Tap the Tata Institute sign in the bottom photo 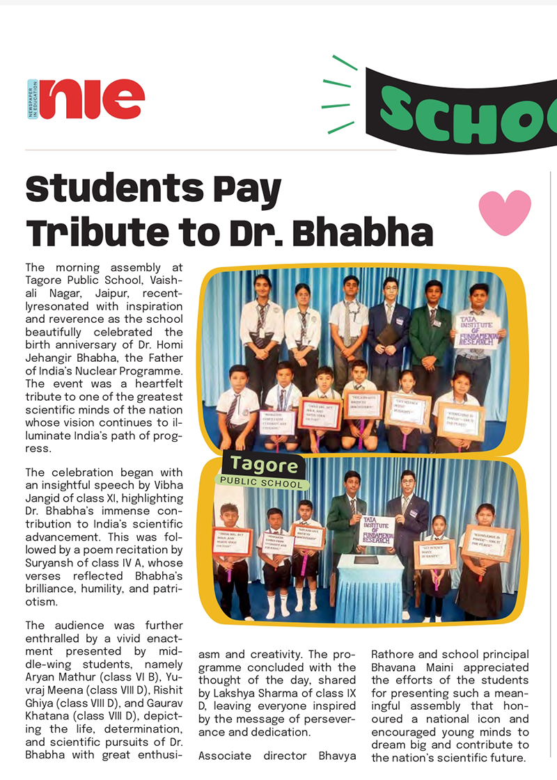pos(377,532)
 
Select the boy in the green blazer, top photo pos(430,334)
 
